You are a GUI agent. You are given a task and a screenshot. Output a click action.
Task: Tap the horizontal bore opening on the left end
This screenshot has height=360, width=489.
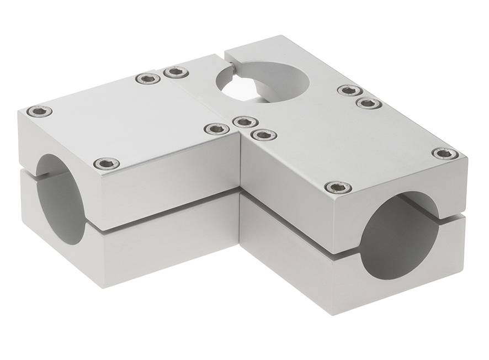point(60,200)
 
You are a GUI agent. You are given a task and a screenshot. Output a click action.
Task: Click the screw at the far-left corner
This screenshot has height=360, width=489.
point(39,112)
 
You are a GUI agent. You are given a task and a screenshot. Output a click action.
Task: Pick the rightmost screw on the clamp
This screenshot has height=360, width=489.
point(445,153)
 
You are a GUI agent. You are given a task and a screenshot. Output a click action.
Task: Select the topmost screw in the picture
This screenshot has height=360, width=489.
point(176,72)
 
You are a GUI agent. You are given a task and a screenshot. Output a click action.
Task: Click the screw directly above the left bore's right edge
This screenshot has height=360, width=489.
point(107,163)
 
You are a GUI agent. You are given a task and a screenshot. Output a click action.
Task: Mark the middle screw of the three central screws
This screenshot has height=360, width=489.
point(242,121)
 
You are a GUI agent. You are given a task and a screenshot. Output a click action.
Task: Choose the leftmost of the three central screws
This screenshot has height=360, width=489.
point(216,129)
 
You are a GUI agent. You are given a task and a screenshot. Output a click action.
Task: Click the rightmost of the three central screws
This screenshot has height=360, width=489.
point(263,134)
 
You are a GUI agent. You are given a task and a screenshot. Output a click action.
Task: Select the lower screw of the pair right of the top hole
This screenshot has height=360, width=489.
point(369,103)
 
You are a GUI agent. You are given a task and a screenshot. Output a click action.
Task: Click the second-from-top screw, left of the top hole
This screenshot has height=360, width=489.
point(148,78)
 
